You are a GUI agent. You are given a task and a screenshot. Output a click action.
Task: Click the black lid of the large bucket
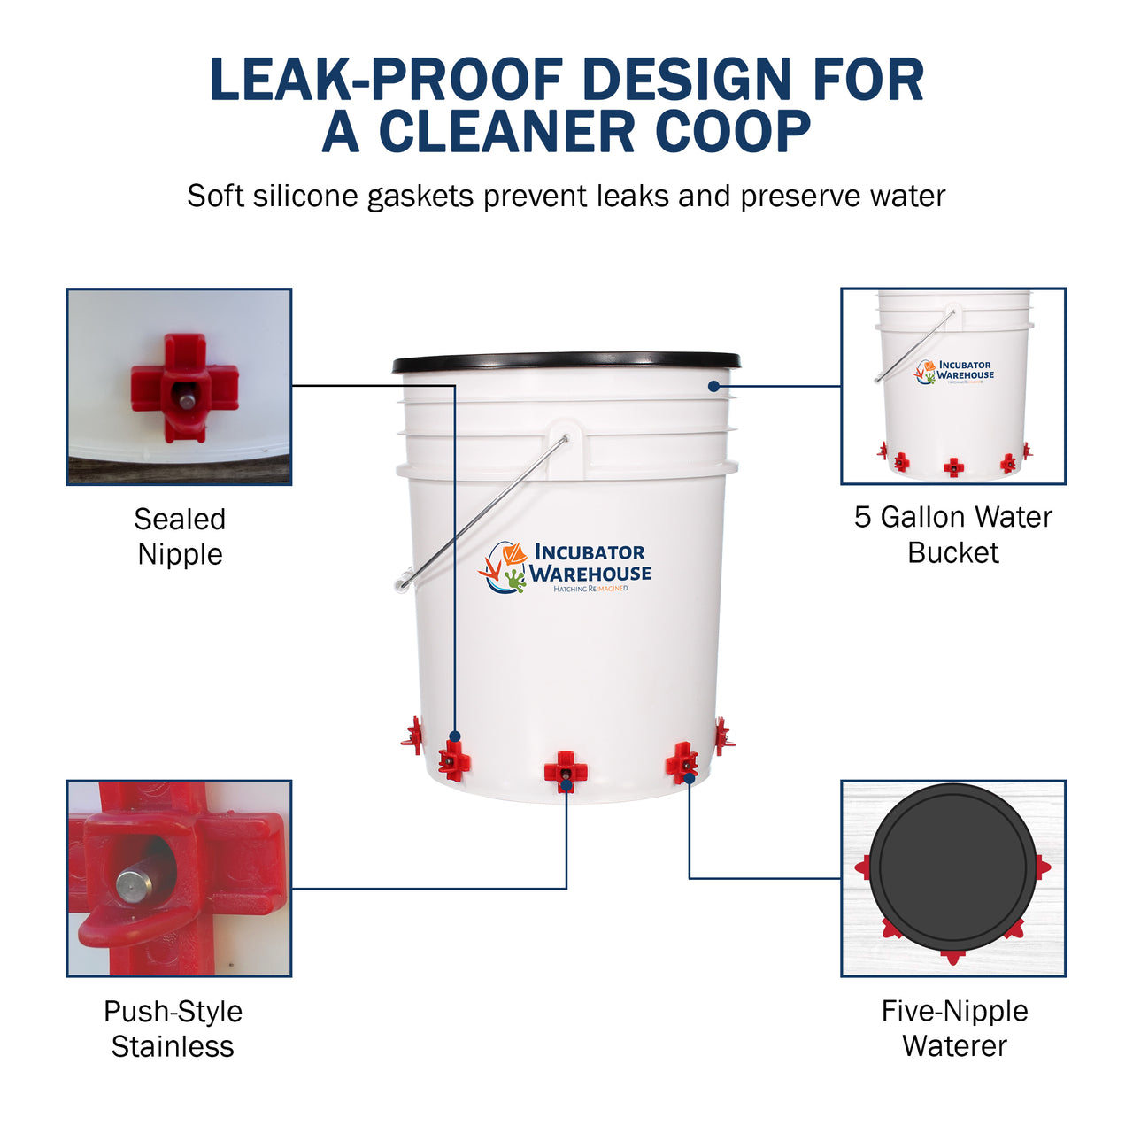click(566, 362)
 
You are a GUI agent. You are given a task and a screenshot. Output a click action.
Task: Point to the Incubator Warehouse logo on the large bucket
click(565, 567)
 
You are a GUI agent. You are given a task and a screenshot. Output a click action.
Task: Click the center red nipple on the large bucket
click(566, 771)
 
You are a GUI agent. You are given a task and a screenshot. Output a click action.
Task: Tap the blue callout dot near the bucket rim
click(713, 386)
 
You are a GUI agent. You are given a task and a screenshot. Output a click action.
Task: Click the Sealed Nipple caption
click(180, 536)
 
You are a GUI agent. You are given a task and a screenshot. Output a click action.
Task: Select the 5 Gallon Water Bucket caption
click(953, 535)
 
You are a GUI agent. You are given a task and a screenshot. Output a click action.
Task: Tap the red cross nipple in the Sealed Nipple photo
click(185, 388)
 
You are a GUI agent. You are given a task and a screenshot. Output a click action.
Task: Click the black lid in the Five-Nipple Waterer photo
click(952, 867)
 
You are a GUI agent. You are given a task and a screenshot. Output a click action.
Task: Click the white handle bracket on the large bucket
click(566, 450)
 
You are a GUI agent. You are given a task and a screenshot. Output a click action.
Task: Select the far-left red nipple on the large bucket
click(412, 736)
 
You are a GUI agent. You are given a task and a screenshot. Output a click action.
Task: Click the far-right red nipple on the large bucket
click(724, 736)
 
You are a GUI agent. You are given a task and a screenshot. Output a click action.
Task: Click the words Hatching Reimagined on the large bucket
click(590, 589)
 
